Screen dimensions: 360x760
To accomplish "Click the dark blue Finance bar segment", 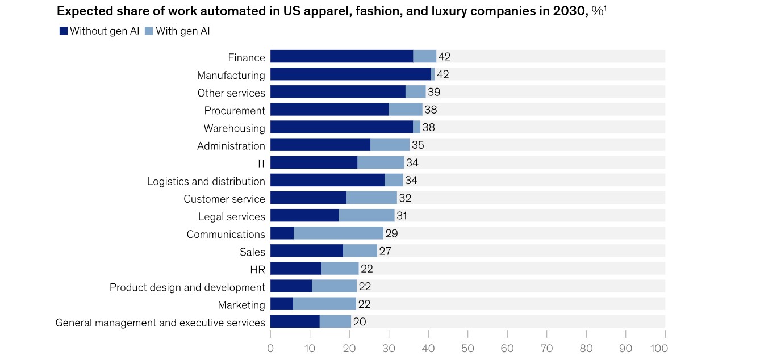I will pos(341,57).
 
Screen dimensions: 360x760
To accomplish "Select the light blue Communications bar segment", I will pos(339,233).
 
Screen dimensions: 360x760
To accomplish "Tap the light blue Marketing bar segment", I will pos(324,304).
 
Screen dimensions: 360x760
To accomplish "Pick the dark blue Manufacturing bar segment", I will pos(350,74).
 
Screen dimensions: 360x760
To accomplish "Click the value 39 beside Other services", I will pos(434,92).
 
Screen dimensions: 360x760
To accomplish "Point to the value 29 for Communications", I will pos(391,233).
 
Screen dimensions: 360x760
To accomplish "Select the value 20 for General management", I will pos(360,322).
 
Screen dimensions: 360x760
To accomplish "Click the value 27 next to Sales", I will pos(385,251).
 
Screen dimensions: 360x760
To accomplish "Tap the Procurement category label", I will pos(235,110).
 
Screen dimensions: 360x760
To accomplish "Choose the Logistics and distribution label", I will pos(206,181).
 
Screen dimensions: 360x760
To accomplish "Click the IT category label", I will pos(261,164).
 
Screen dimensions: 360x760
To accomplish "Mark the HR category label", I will pos(257,269).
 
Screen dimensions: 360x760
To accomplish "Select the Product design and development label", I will pos(187,287).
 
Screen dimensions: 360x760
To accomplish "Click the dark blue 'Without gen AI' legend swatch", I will pos(64,31).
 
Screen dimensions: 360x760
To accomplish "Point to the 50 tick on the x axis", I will pos(467,348).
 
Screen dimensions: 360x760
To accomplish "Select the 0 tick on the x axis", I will pos(270,348).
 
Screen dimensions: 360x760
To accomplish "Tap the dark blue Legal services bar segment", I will pos(304,216).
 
